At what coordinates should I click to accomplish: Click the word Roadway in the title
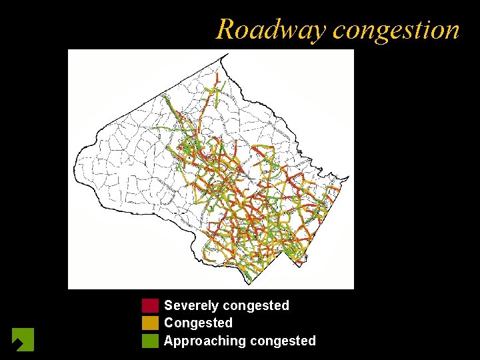271,30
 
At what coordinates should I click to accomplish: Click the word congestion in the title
396,30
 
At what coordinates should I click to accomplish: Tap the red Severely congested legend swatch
150,306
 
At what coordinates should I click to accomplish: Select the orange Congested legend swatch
150,323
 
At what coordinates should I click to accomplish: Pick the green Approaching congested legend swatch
150,341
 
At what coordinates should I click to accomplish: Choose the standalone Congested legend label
198,323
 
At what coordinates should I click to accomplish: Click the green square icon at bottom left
23,339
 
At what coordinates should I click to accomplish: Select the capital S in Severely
169,306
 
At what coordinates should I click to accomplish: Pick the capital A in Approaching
169,341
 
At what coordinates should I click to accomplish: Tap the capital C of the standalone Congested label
169,323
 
